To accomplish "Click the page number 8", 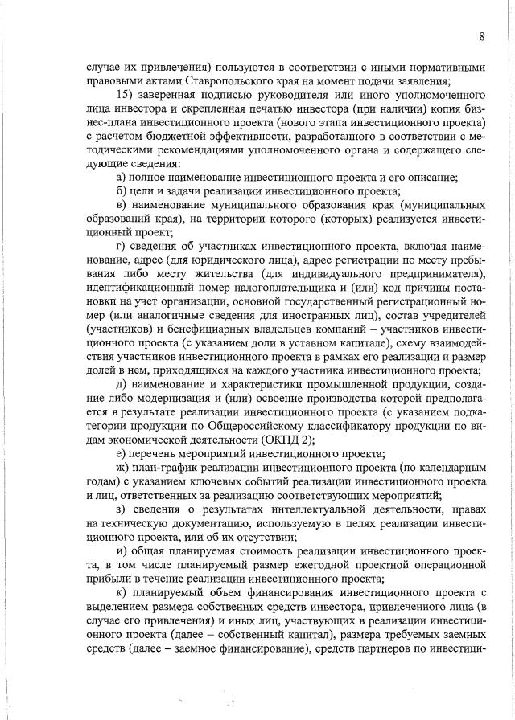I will [x=481, y=36].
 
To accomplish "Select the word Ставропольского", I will [x=233, y=81].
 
